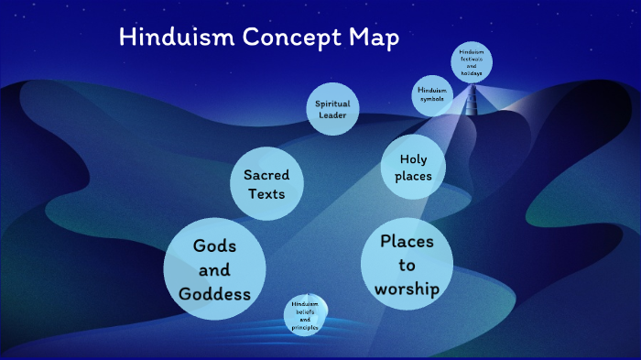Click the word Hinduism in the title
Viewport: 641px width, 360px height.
pyautogui.click(x=171, y=38)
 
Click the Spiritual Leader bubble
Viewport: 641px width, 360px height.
pyautogui.click(x=332, y=109)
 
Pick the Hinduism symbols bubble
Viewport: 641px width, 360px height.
pyautogui.click(x=432, y=94)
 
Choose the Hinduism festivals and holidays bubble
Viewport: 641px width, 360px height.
pyautogui.click(x=472, y=63)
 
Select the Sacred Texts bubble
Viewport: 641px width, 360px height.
pyautogui.click(x=266, y=184)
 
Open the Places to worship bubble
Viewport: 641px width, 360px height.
pyautogui.click(x=407, y=266)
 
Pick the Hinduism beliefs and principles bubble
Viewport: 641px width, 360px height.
pyautogui.click(x=306, y=315)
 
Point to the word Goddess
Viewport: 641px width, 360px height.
pyautogui.click(x=215, y=294)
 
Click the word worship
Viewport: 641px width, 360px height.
pyautogui.click(x=407, y=289)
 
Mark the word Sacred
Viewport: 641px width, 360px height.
pyautogui.click(x=266, y=174)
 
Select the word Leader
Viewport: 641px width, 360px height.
pyautogui.click(x=332, y=115)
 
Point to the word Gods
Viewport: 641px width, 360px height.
pyautogui.click(x=215, y=246)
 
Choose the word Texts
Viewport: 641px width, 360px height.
pyautogui.click(x=266, y=194)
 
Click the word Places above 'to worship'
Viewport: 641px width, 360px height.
pyautogui.click(x=407, y=242)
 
